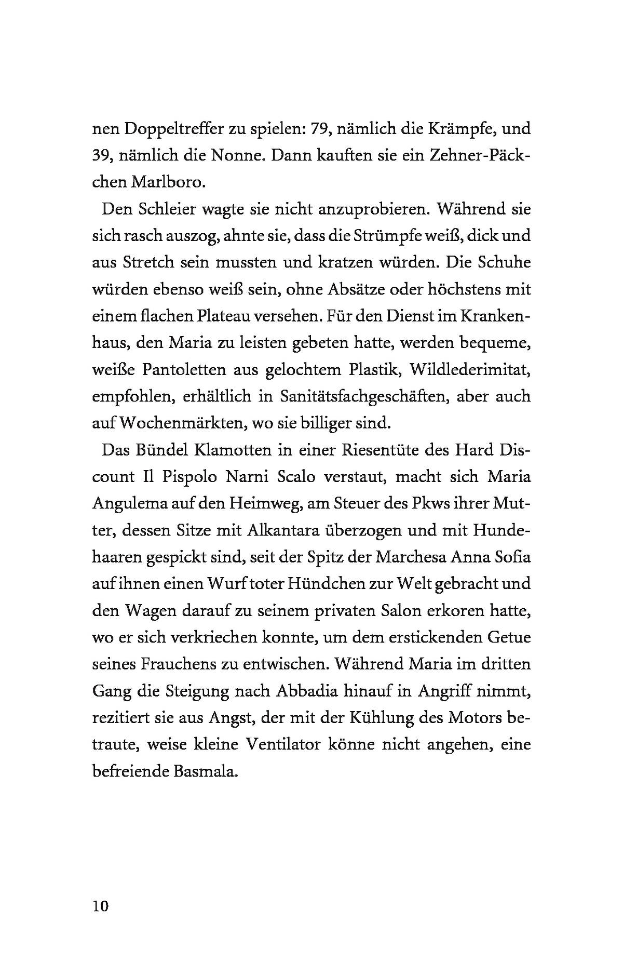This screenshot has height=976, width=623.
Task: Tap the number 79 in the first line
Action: (x=320, y=129)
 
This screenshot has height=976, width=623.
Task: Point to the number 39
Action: (x=102, y=156)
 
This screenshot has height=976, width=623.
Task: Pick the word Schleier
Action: (x=167, y=210)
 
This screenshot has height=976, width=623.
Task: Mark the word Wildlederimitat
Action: (x=469, y=370)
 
